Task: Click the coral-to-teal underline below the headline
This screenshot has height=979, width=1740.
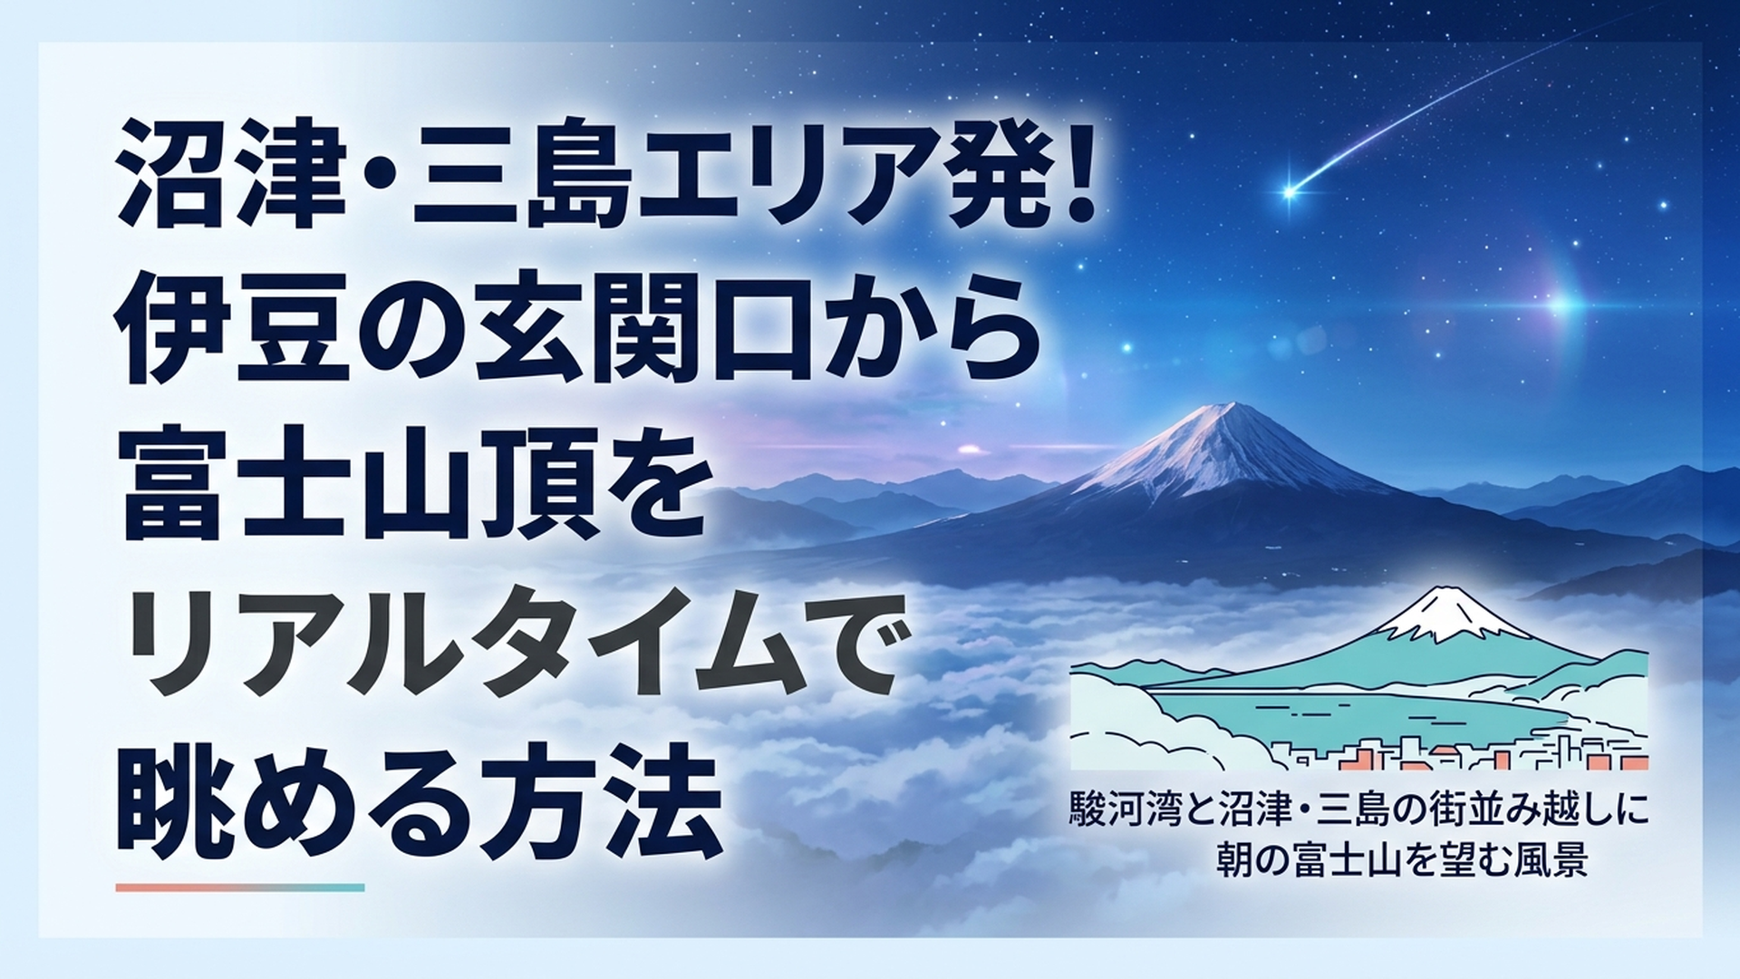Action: (240, 887)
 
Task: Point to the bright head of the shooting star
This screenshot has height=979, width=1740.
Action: (1290, 191)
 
